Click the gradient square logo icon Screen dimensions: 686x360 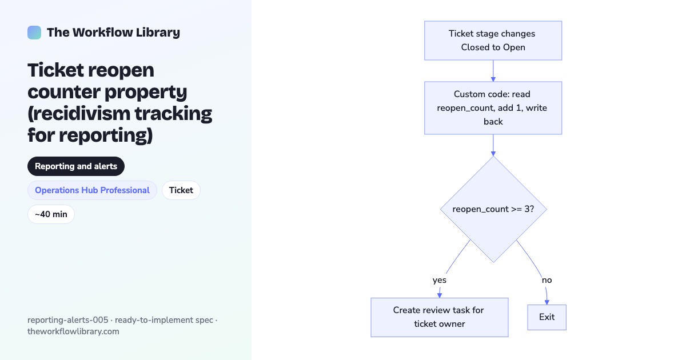(34, 33)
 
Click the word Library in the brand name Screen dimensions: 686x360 (158, 33)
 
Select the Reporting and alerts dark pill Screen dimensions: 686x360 (76, 166)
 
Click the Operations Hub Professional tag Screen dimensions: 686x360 (92, 190)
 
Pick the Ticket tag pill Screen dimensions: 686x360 (181, 190)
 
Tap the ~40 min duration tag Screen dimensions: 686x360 (51, 214)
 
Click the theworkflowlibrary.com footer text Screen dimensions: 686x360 (74, 331)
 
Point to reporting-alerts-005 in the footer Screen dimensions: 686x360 (67, 320)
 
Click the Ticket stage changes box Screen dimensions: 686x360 (493, 41)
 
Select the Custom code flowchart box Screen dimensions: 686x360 (493, 108)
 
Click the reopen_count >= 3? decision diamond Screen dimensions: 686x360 (493, 209)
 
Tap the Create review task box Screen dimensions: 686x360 (440, 318)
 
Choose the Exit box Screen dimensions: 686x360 (547, 317)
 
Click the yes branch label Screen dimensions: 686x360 (440, 280)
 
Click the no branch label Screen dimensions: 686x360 (547, 280)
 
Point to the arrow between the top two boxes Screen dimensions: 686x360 (493, 71)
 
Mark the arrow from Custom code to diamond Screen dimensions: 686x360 (493, 145)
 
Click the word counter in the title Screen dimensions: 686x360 (64, 92)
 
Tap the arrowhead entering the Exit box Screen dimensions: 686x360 (547, 302)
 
